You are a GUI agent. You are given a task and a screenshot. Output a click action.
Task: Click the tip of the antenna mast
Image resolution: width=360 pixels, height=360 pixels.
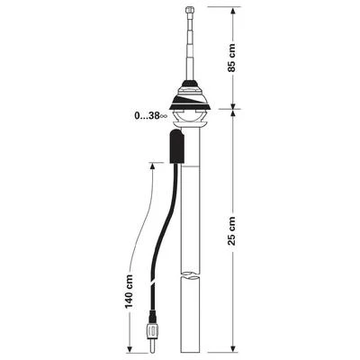pos(190,10)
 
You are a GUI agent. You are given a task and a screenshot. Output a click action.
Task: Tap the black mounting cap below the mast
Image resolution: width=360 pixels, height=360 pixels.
pos(190,90)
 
